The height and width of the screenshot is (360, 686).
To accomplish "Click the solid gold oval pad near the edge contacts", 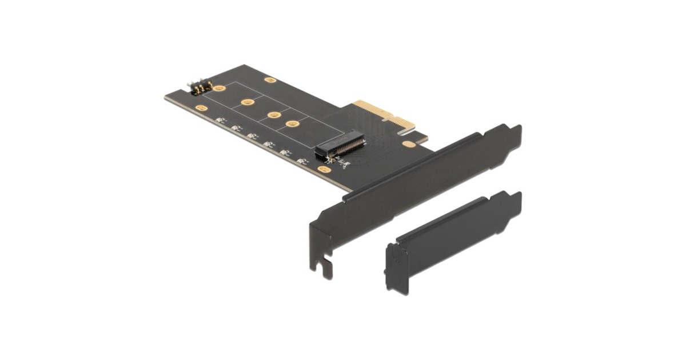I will click(408, 145).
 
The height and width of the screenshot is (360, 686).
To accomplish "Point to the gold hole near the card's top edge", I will click(270, 81).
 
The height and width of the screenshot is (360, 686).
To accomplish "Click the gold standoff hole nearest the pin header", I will click(219, 89).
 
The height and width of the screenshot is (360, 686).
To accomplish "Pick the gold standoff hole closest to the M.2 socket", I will click(293, 123).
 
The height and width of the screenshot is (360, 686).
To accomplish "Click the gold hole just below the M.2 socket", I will click(325, 169).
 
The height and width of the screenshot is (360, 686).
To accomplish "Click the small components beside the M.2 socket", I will click(344, 165).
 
